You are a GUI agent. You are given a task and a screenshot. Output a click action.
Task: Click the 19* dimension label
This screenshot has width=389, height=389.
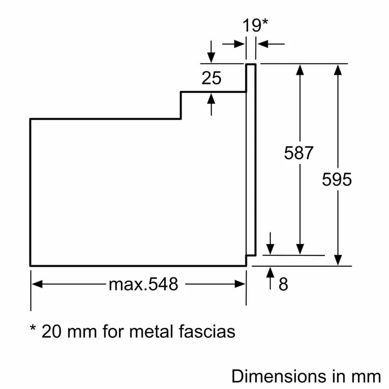point(255,25)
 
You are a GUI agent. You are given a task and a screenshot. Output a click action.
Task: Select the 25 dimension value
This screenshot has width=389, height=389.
point(211,78)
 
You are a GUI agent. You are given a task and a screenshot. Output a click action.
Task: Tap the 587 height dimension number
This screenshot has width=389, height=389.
point(298,153)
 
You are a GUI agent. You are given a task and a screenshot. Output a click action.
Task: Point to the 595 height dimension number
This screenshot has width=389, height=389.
point(337,179)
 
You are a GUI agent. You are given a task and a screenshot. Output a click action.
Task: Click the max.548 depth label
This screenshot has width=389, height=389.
point(143,284)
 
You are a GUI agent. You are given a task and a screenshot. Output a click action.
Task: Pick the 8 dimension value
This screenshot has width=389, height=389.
point(283,284)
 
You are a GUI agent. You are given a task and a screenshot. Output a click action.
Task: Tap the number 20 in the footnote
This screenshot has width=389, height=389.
point(51,332)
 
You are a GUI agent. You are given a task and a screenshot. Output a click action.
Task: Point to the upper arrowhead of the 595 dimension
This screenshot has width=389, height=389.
point(338,69)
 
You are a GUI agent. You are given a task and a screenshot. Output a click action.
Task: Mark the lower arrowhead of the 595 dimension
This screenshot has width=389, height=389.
point(338,260)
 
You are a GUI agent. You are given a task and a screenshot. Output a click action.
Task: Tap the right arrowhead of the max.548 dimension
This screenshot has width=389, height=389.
point(240,284)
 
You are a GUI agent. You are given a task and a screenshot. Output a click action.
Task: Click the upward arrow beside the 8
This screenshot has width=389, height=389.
point(271,273)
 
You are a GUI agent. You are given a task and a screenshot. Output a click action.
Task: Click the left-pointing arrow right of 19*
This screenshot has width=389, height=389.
point(262,44)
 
